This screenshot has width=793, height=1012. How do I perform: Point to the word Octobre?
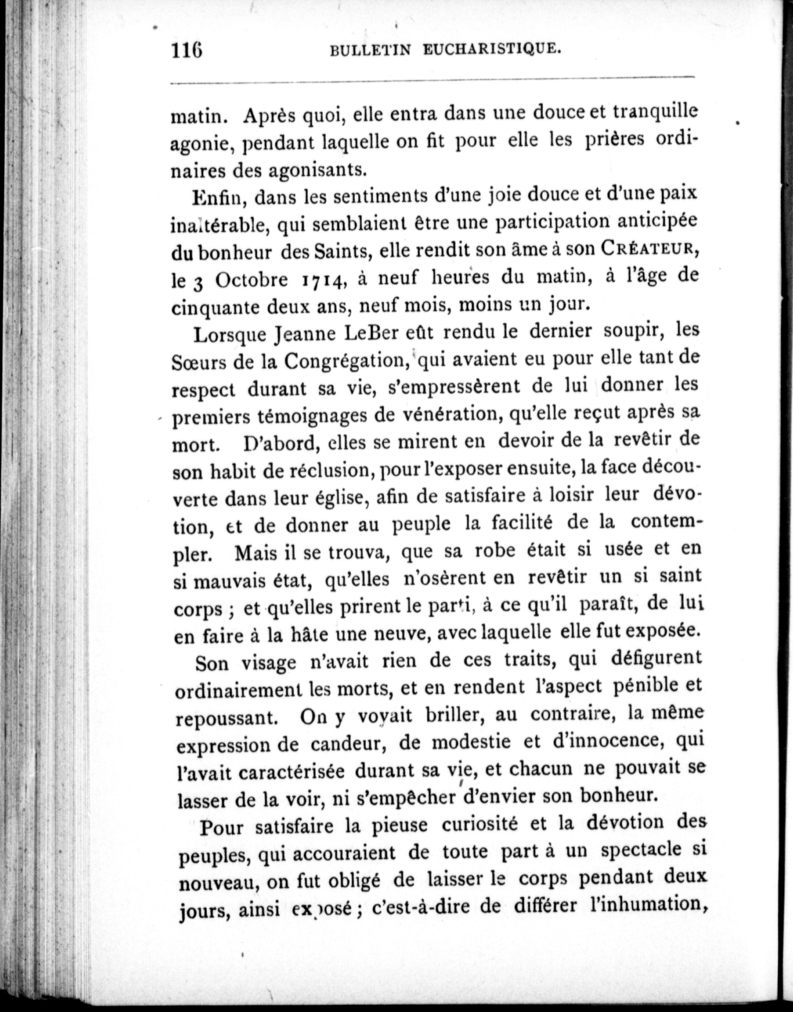(252, 280)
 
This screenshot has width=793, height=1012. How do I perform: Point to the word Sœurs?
(200, 363)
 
